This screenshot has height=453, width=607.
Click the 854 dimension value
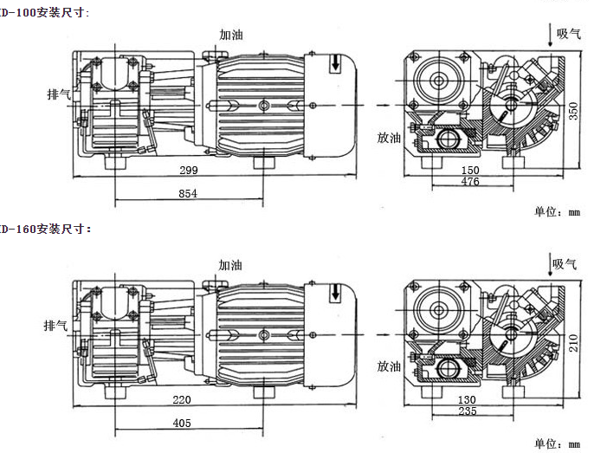[188, 194]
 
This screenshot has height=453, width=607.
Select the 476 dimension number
[470, 182]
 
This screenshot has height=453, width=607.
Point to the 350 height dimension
[572, 110]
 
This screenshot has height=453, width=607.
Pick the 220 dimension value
[182, 401]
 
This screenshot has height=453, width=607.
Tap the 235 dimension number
[468, 411]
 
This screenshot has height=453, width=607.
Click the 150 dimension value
[470, 171]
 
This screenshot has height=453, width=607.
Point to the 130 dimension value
[468, 400]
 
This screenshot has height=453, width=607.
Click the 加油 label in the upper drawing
[231, 35]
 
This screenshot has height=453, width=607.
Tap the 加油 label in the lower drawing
[230, 265]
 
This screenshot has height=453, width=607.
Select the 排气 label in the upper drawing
[59, 91]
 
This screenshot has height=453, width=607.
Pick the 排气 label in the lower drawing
[57, 326]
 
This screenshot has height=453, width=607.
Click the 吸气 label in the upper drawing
[568, 34]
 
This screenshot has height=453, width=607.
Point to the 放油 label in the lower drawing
[387, 367]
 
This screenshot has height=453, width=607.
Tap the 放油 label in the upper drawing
[389, 137]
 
